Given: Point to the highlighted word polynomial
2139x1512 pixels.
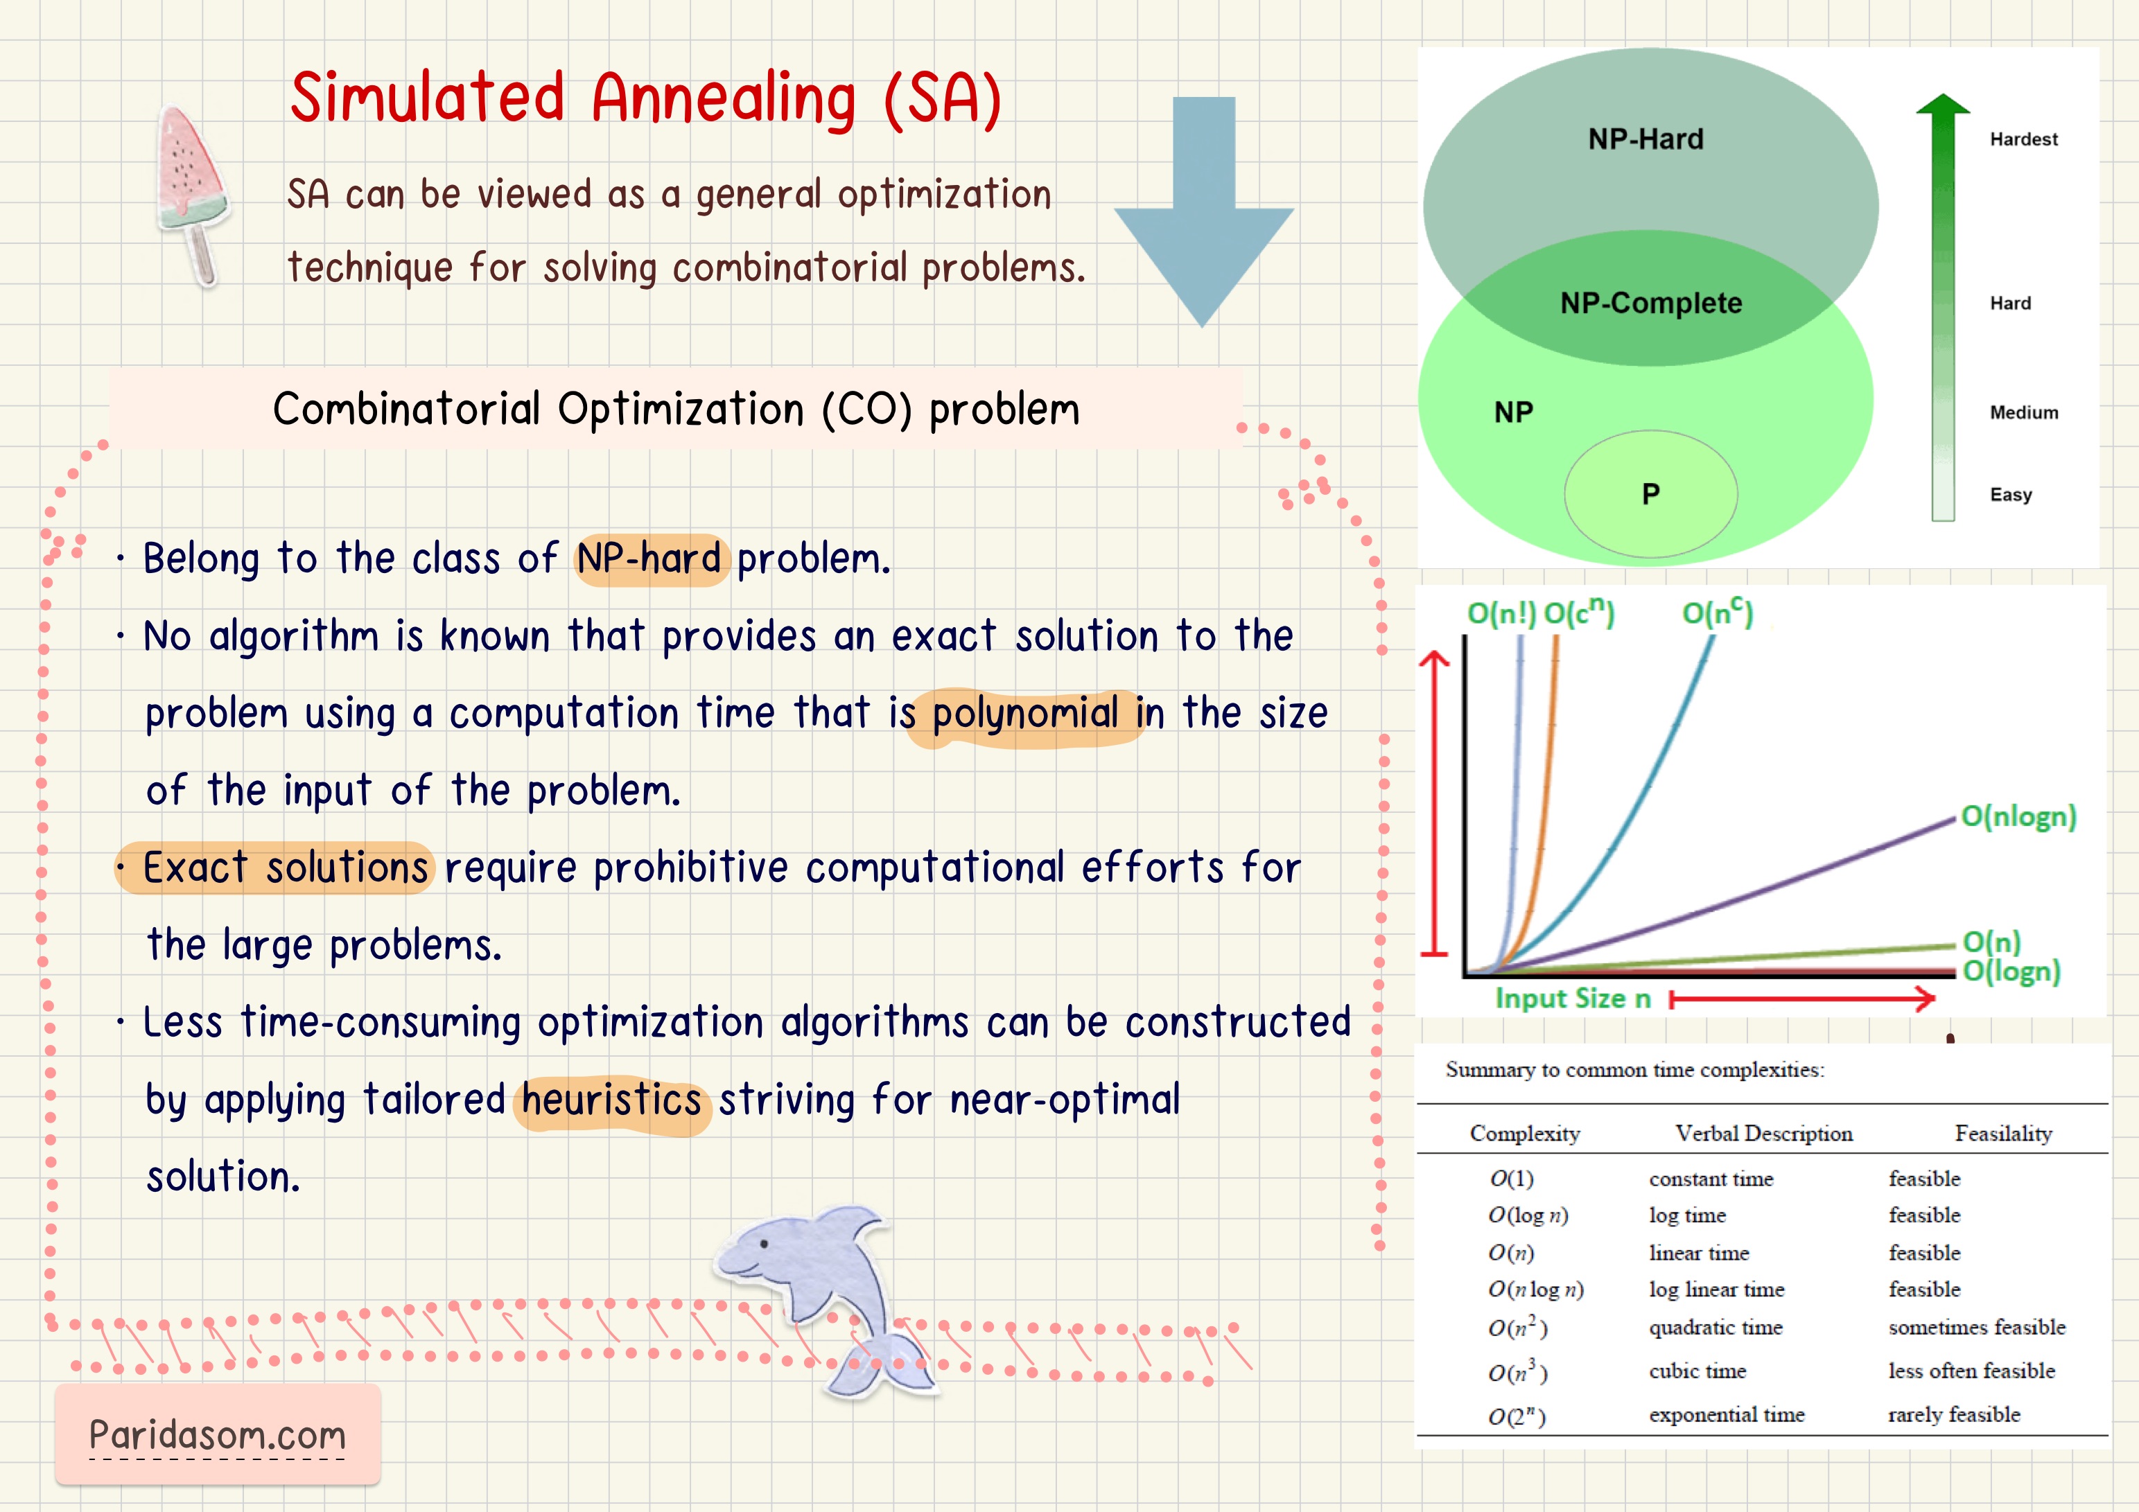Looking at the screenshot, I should click(1024, 714).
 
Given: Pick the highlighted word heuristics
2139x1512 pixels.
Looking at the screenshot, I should click(611, 1100).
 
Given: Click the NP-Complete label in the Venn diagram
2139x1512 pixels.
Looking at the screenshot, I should click(1651, 303).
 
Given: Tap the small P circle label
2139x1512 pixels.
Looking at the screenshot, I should click(1650, 494).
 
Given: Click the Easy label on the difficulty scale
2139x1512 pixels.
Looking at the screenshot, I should click(2011, 495).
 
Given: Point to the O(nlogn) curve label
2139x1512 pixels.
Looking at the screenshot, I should click(2018, 816).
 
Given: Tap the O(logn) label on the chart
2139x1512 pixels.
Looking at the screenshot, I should click(2011, 972).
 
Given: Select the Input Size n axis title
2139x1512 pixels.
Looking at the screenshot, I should click(1573, 999).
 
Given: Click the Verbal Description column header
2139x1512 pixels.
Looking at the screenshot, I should click(1763, 1134).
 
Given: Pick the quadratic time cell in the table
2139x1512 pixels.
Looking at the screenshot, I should click(1715, 1328).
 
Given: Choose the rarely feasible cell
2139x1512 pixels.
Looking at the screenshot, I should click(1954, 1414).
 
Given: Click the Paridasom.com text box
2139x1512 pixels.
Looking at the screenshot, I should click(217, 1434).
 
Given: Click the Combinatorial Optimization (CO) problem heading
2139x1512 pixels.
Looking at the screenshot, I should click(675, 409).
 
